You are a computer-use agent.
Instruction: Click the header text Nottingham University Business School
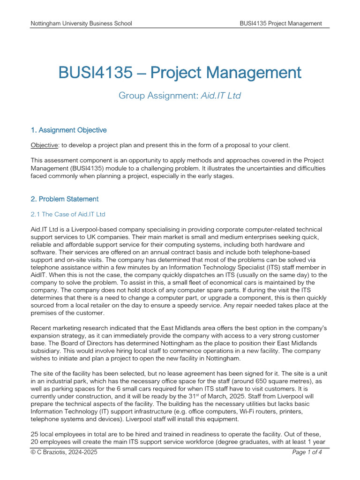pyautogui.click(x=81, y=23)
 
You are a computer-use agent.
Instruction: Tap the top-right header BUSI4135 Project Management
pyautogui.click(x=281, y=23)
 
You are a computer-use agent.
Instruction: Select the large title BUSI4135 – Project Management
pyautogui.click(x=180, y=73)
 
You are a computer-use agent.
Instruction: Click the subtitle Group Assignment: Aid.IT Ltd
pyautogui.click(x=180, y=96)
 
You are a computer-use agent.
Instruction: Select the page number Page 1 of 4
pyautogui.click(x=307, y=452)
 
